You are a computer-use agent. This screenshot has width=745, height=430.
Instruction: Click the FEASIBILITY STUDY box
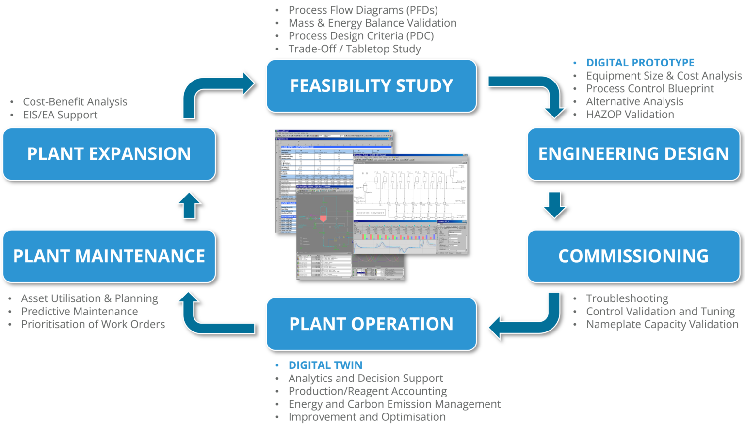coord(371,86)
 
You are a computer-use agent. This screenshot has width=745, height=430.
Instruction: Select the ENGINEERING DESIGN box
coord(633,154)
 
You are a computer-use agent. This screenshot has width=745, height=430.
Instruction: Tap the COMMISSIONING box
coord(633,256)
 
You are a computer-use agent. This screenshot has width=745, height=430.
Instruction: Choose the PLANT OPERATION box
coord(371,324)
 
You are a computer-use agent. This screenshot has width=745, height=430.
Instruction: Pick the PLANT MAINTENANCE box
coord(109,256)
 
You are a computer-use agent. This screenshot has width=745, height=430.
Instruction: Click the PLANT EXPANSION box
coord(109,154)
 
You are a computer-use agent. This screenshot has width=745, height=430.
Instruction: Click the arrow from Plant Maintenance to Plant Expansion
coord(189,205)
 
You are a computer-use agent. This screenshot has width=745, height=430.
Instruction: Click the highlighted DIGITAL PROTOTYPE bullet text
coord(640,63)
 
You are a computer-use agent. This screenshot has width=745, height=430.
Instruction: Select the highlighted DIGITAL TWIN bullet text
coord(325,365)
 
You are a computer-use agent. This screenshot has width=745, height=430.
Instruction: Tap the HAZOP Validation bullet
coord(630,115)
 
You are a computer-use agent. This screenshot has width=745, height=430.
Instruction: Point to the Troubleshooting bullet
coord(627,298)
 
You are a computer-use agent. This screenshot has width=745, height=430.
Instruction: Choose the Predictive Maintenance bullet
coord(80,312)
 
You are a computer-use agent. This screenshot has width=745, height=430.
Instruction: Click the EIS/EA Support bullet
coord(60,115)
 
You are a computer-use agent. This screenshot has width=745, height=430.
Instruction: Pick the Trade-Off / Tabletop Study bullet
coord(355,49)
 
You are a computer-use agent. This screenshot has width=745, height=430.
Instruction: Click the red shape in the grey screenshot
coord(323,219)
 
